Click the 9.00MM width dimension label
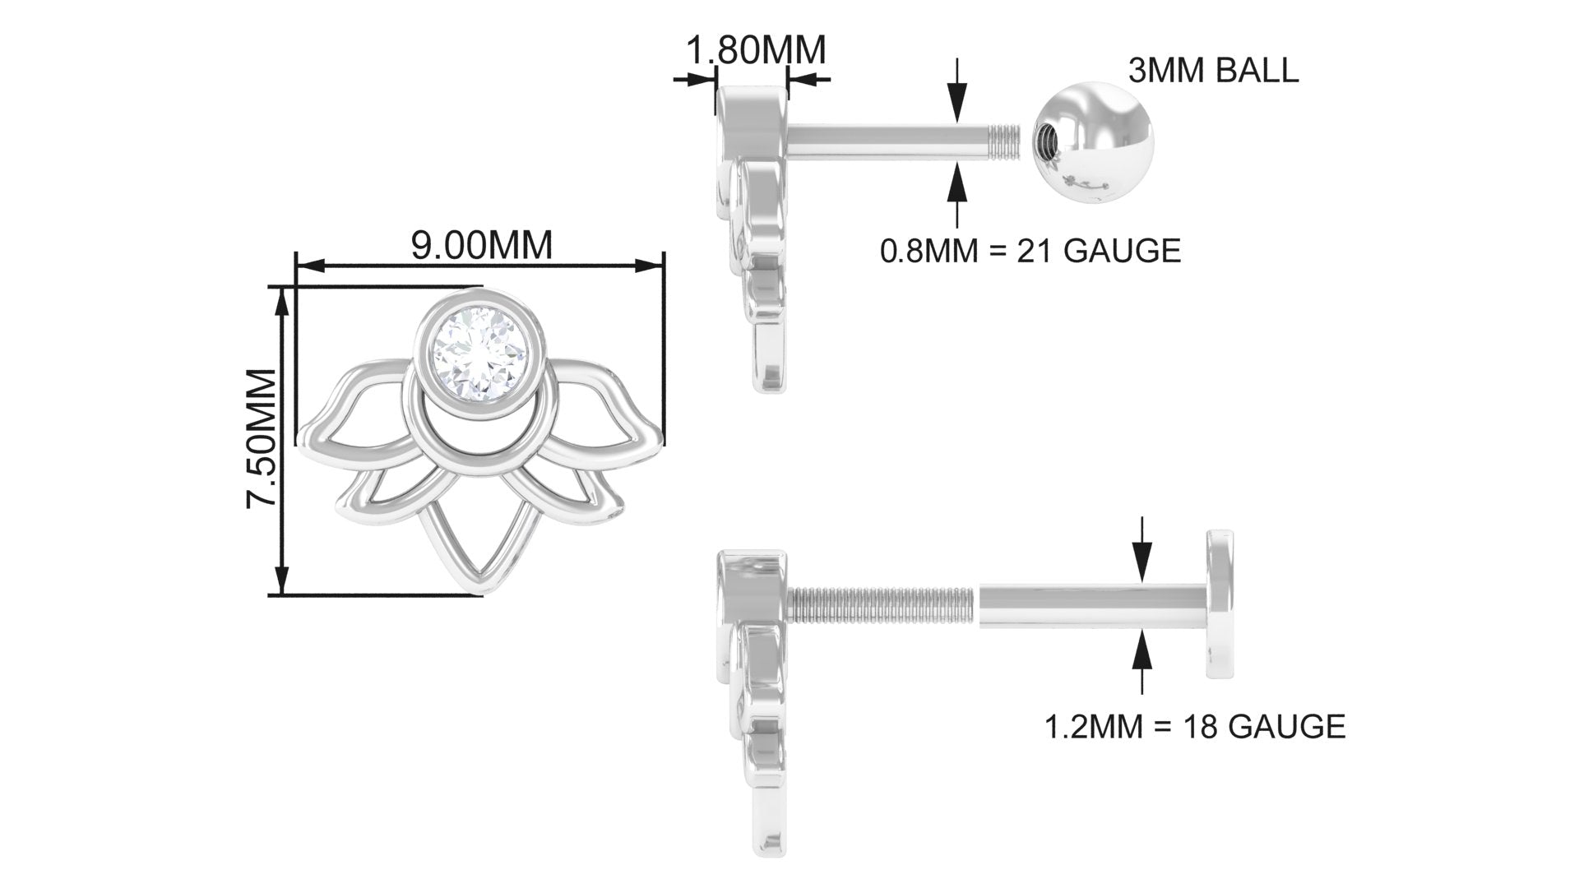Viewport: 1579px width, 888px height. (x=481, y=245)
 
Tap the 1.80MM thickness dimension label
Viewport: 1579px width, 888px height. (x=755, y=50)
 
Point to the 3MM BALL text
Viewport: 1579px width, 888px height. (x=1213, y=71)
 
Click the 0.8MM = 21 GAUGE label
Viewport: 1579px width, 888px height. (x=1030, y=250)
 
